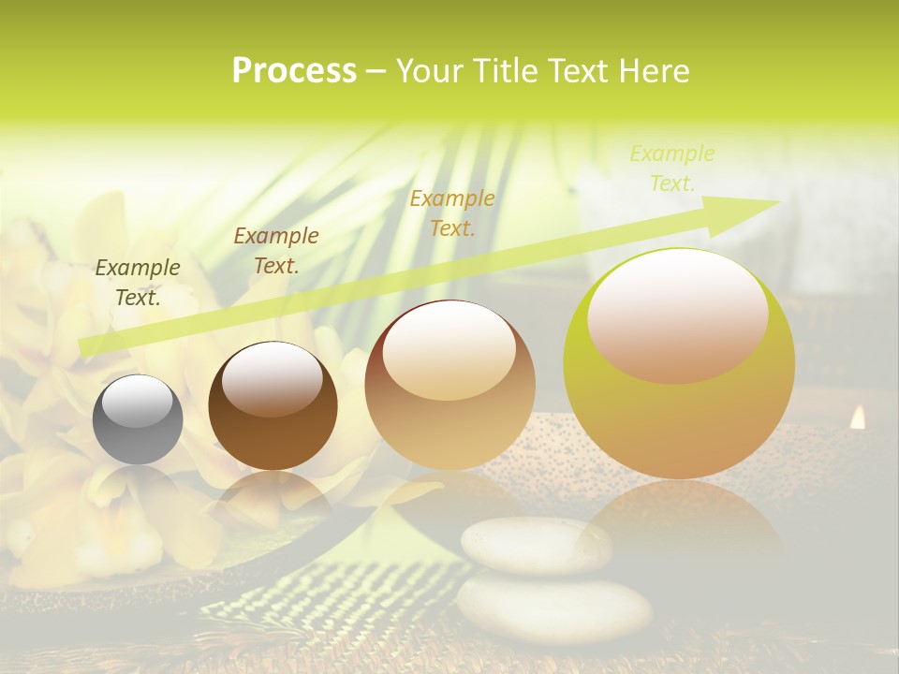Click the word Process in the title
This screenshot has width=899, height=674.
click(x=294, y=70)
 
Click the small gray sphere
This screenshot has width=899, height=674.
click(x=138, y=419)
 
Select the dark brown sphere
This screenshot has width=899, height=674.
click(x=273, y=406)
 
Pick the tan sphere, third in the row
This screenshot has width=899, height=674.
click(x=449, y=385)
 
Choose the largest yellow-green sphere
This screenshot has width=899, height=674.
click(x=679, y=363)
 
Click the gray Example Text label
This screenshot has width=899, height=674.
click(x=138, y=283)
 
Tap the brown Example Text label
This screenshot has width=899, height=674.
click(x=275, y=251)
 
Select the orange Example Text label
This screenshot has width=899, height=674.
click(x=452, y=212)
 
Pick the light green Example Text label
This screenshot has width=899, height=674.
click(x=672, y=168)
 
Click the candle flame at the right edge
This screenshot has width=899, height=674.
click(x=857, y=418)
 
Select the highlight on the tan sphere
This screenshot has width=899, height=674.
click(x=449, y=350)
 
